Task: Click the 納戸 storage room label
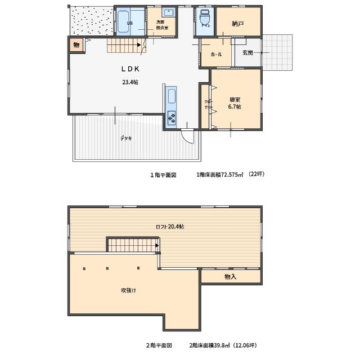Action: pyautogui.click(x=238, y=24)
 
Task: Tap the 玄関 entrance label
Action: pyautogui.click(x=248, y=53)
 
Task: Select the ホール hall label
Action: pyautogui.click(x=216, y=55)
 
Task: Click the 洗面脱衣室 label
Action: pyautogui.click(x=162, y=25)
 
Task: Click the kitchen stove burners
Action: pyautogui.click(x=171, y=119)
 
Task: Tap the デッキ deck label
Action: pyautogui.click(x=125, y=138)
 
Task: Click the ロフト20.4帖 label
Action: pyautogui.click(x=170, y=227)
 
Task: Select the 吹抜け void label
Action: pyautogui.click(x=128, y=290)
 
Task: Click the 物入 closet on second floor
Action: pyautogui.click(x=230, y=277)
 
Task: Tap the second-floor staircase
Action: pyautogui.click(x=132, y=245)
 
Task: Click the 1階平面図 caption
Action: pyautogui.click(x=163, y=175)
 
